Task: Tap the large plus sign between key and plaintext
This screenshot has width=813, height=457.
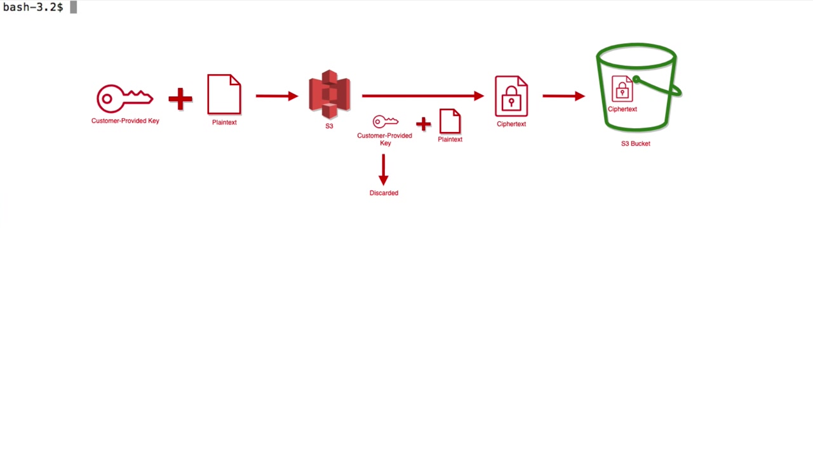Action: click(180, 98)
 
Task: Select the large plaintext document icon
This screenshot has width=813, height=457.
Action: click(224, 95)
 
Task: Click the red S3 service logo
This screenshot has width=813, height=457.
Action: click(329, 95)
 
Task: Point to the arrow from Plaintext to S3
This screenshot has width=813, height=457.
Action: click(277, 96)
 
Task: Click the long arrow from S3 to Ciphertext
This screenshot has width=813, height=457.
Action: click(423, 96)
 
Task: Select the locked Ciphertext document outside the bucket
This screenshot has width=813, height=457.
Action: click(511, 96)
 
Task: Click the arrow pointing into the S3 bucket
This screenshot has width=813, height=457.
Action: click(563, 96)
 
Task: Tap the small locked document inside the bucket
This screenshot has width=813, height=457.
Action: click(622, 88)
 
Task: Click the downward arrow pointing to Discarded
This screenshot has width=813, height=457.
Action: click(384, 169)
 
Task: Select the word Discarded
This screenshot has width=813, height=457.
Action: click(384, 193)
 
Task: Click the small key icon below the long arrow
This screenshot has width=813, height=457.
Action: click(386, 121)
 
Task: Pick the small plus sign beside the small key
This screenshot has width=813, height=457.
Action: click(423, 124)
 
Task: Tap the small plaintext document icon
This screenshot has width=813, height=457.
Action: click(450, 121)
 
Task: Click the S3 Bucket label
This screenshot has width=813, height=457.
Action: click(636, 143)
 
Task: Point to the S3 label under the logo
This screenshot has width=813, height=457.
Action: click(329, 126)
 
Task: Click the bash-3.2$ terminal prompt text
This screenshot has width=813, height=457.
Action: click(33, 7)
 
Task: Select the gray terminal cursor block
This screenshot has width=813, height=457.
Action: click(73, 7)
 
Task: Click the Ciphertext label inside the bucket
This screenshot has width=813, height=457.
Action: click(622, 109)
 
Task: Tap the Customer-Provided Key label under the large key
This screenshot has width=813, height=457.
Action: click(125, 121)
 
